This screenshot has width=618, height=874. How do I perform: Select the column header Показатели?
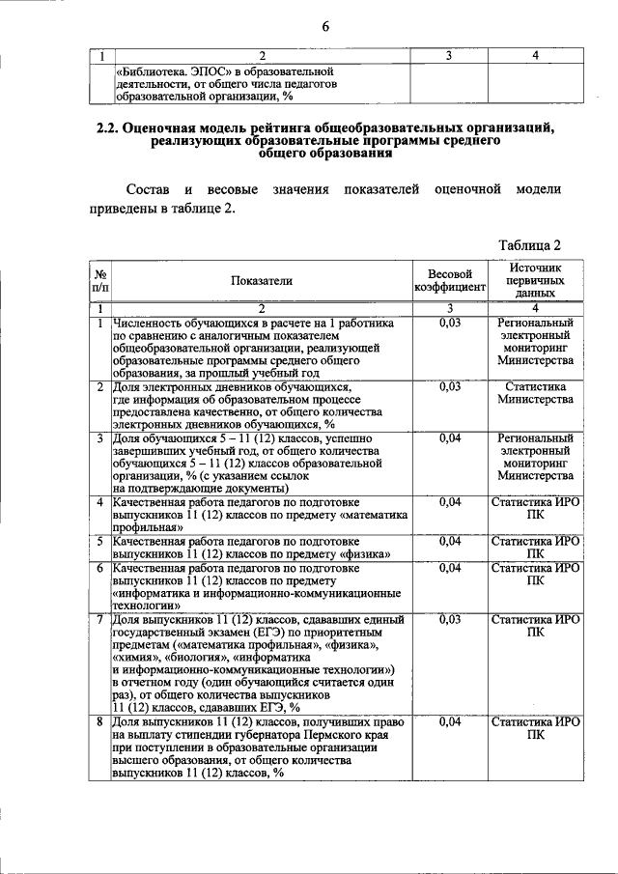[261, 281]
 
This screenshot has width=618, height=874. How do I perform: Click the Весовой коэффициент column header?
[449, 281]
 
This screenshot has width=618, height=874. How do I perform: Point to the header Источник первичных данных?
[535, 280]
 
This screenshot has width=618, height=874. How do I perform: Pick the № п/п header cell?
[100, 281]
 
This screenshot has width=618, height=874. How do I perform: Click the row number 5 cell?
[100, 541]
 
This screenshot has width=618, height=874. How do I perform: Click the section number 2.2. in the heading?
[111, 128]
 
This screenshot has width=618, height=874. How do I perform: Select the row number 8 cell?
[100, 721]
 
